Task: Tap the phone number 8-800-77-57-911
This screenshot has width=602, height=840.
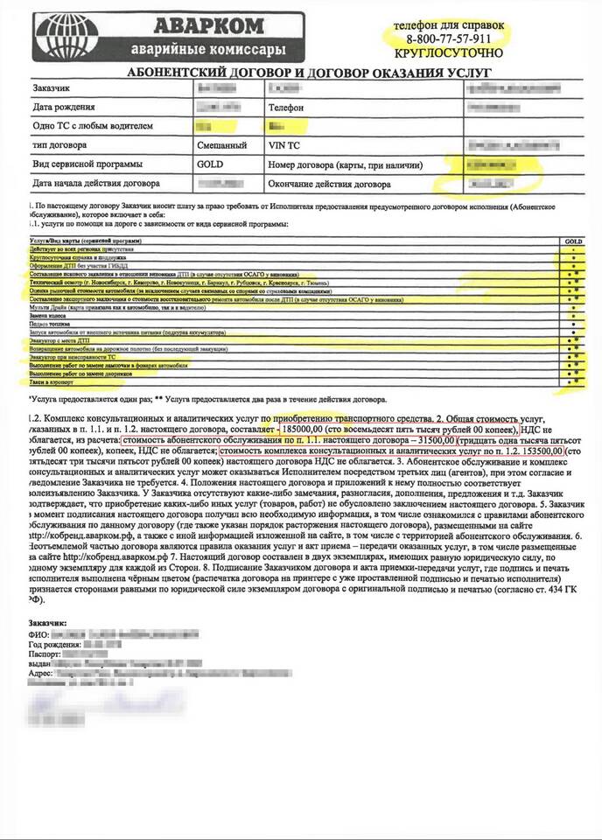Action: (448, 40)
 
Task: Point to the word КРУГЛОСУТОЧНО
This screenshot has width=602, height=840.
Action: (448, 54)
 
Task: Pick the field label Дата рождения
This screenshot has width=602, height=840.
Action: (66, 108)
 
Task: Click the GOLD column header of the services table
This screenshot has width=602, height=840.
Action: (574, 239)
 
